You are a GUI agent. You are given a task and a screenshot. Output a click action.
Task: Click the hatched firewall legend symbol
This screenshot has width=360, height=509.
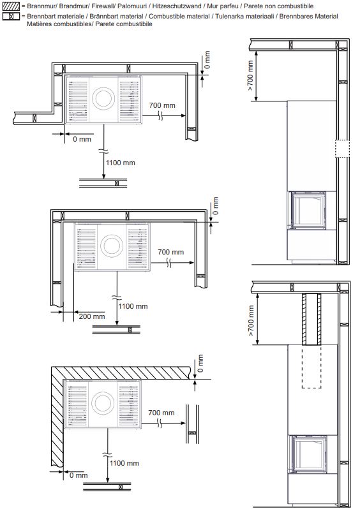[11, 6]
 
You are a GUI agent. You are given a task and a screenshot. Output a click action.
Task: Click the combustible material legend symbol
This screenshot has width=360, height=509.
[11, 16]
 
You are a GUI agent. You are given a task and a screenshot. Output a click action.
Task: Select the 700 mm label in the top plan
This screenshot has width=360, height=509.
[162, 105]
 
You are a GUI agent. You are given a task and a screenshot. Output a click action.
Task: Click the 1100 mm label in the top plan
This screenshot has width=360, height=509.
[120, 163]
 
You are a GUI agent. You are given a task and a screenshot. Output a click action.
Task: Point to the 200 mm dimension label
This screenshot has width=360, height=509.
[92, 316]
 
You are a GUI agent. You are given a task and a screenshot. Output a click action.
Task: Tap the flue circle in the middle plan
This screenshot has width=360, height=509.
[112, 246]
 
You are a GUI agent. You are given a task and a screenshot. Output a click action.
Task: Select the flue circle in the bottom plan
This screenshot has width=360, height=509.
[103, 403]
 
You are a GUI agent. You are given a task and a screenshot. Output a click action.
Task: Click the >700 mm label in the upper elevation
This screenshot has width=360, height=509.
[250, 76]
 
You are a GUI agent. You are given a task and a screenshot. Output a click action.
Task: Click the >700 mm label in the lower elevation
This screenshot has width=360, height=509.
[251, 320]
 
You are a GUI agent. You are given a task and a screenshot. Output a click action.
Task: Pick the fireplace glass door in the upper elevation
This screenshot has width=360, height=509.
[309, 210]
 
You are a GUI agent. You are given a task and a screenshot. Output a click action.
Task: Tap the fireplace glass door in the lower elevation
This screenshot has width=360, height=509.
[309, 454]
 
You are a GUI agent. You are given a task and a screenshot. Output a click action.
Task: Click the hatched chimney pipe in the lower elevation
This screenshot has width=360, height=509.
[311, 319]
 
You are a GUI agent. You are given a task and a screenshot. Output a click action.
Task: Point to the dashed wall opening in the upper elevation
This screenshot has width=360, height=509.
[343, 149]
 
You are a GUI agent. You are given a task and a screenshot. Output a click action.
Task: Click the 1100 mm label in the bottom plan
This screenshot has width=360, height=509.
[124, 463]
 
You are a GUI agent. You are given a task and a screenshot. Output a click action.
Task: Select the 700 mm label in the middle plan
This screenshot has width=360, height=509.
[171, 252]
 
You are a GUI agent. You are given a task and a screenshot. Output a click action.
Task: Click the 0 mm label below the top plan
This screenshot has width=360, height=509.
[82, 139]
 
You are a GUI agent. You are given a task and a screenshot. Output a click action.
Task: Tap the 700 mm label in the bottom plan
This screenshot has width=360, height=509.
[161, 413]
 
